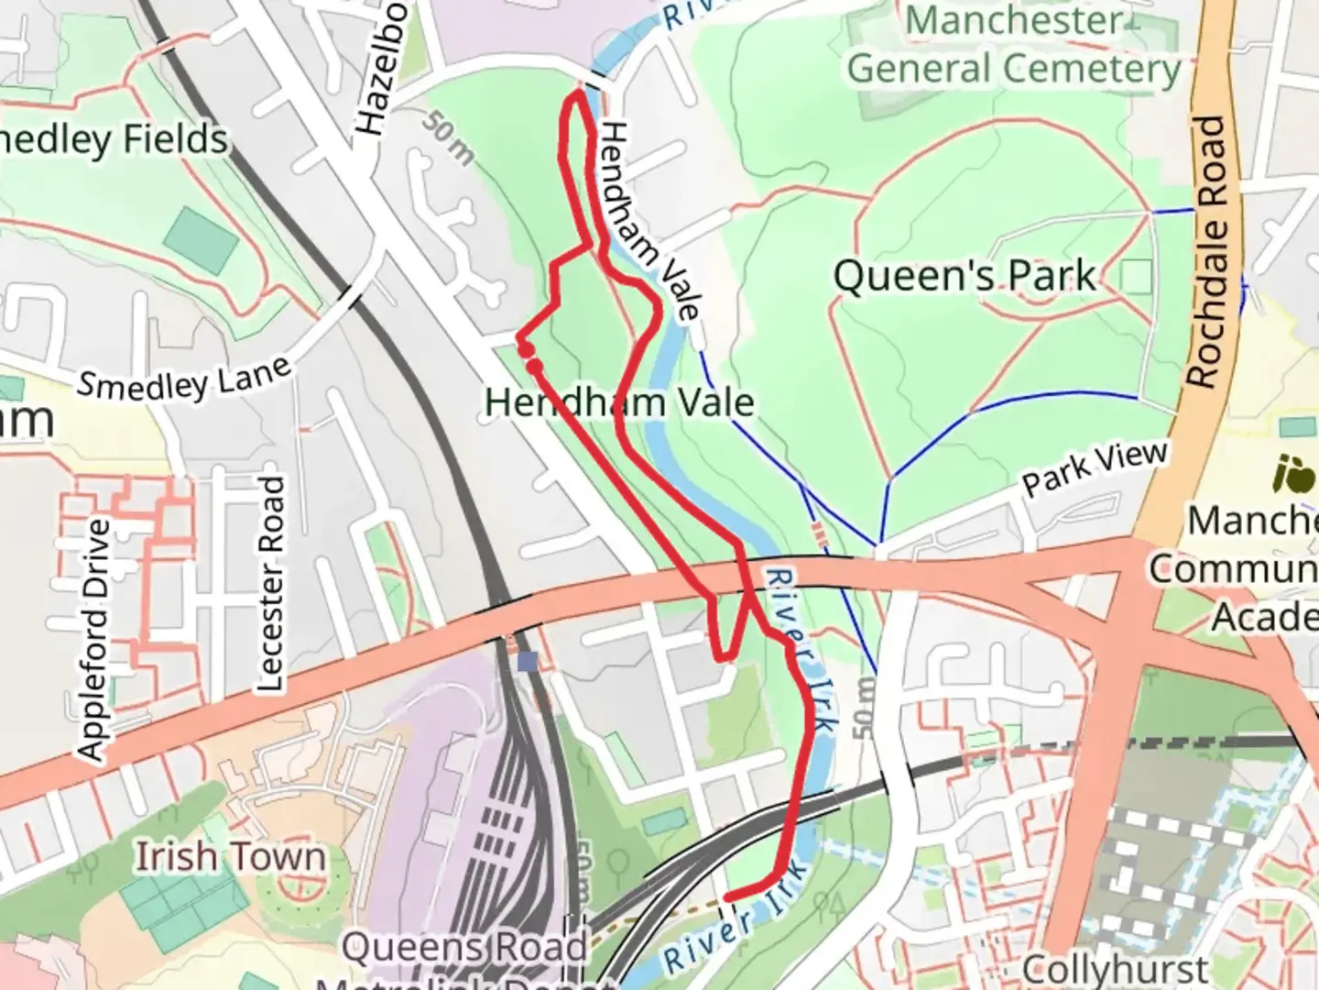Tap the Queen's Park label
964,275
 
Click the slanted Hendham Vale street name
649,221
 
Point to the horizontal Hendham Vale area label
619,402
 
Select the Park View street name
1095,467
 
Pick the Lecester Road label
270,584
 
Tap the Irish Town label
230,857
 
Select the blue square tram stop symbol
527,661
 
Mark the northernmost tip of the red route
579,93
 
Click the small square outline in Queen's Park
1137,276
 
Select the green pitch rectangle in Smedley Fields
201,239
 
